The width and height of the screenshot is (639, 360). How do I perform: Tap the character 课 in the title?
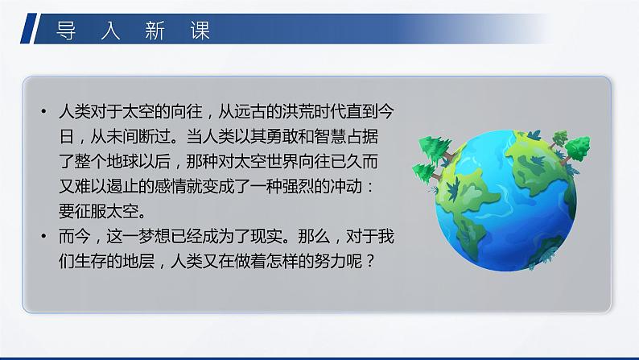[x=200, y=31]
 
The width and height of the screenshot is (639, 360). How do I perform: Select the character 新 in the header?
[x=155, y=31]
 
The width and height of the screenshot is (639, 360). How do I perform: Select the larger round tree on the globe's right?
[x=577, y=148]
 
